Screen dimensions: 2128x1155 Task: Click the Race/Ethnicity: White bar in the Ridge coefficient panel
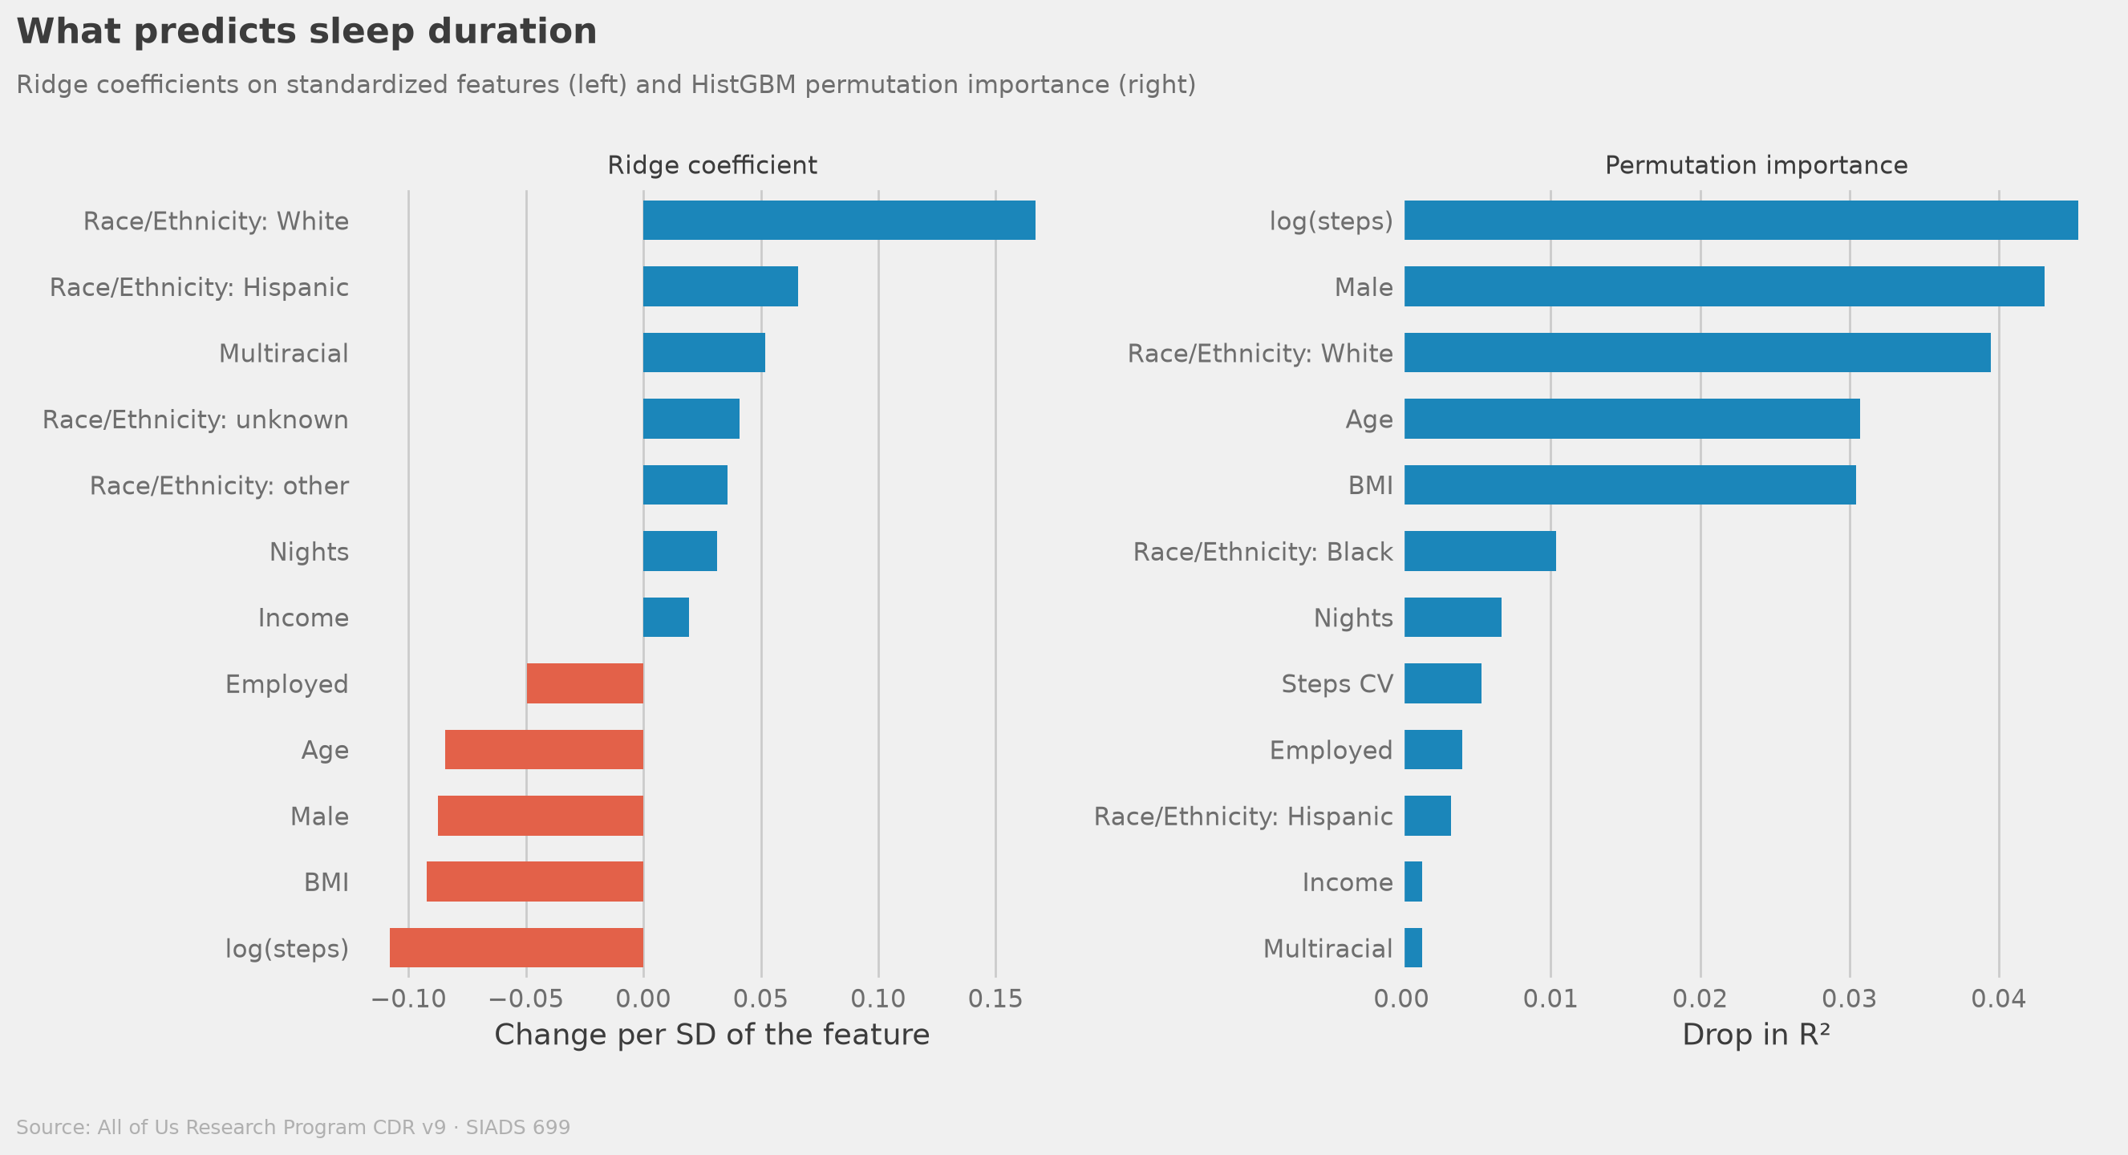pyautogui.click(x=839, y=221)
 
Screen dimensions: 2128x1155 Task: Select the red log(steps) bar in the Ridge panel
pyautogui.click(x=517, y=947)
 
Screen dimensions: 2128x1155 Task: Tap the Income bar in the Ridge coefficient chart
pyautogui.click(x=666, y=617)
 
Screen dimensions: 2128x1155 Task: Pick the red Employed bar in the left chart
pyautogui.click(x=585, y=683)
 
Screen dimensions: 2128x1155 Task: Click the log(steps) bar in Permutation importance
pyautogui.click(x=1741, y=221)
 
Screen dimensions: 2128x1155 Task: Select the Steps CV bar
pyautogui.click(x=1443, y=683)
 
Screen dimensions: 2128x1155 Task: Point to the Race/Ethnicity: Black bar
pyautogui.click(x=1481, y=551)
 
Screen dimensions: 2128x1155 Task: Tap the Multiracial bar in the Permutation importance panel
pyautogui.click(x=1413, y=947)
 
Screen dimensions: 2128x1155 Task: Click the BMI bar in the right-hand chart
pyautogui.click(x=1630, y=485)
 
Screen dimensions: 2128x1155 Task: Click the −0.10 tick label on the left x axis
pyautogui.click(x=409, y=999)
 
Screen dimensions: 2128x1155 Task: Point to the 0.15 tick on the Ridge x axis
pyautogui.click(x=995, y=999)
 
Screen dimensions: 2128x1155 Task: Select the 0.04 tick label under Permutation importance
pyautogui.click(x=1998, y=999)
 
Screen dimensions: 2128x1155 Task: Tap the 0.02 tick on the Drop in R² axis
pyautogui.click(x=1700, y=999)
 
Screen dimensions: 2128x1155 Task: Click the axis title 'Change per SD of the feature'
pyautogui.click(x=712, y=1035)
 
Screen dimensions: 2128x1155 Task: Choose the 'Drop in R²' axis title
pyautogui.click(x=1757, y=1035)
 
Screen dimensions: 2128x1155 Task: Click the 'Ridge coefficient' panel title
pyautogui.click(x=712, y=165)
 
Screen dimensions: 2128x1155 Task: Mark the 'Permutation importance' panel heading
pyautogui.click(x=1757, y=165)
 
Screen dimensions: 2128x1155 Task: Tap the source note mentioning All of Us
pyautogui.click(x=294, y=1128)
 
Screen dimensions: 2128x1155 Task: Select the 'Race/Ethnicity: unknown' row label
pyautogui.click(x=196, y=419)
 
